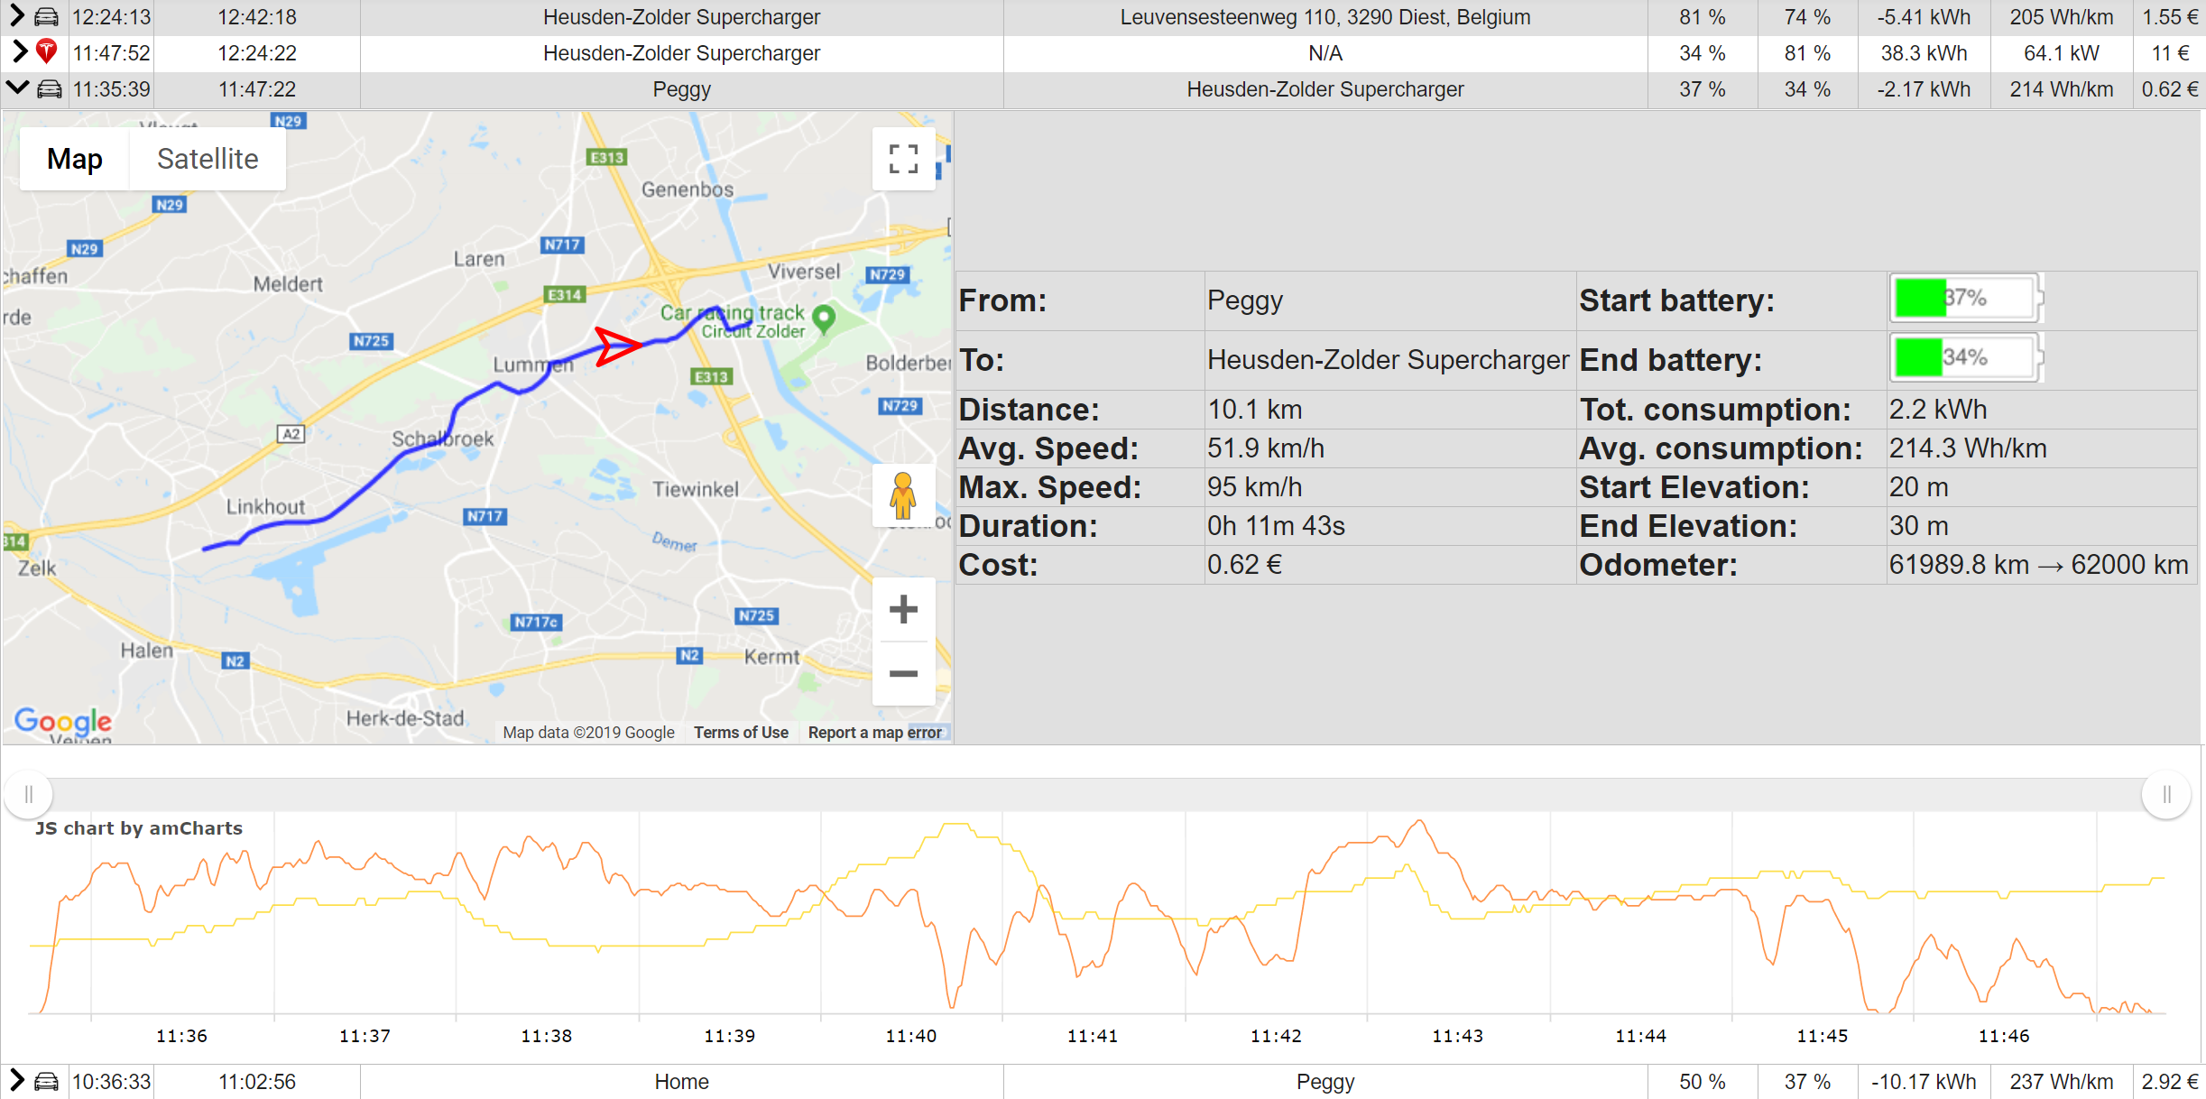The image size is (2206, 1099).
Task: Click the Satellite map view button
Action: click(x=208, y=159)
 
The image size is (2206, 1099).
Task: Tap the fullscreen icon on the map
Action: click(x=903, y=159)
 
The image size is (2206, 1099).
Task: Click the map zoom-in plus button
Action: click(x=903, y=609)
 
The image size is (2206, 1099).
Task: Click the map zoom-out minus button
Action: click(x=903, y=673)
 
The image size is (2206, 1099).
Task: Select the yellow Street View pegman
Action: click(x=903, y=495)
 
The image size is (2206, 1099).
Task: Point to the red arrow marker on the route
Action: click(x=617, y=346)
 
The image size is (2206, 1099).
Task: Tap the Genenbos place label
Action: click(x=688, y=189)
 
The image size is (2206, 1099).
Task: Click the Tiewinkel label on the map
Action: click(x=696, y=489)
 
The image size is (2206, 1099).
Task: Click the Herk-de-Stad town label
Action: click(x=405, y=718)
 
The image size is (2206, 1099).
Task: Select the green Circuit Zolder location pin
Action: click(x=824, y=318)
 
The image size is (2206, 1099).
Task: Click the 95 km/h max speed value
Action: click(x=1254, y=487)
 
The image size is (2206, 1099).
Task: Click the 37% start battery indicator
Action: click(x=1965, y=298)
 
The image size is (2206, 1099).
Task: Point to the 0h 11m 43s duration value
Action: click(x=1276, y=526)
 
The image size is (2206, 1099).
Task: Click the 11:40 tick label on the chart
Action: click(x=911, y=1036)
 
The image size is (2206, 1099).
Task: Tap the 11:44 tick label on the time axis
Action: click(x=1640, y=1036)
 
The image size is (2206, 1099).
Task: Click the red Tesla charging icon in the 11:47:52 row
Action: click(x=47, y=52)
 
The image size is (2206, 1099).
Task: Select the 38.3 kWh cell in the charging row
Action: click(x=1924, y=53)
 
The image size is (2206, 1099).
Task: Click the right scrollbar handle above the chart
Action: click(x=2166, y=795)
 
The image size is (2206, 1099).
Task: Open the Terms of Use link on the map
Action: click(x=741, y=733)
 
